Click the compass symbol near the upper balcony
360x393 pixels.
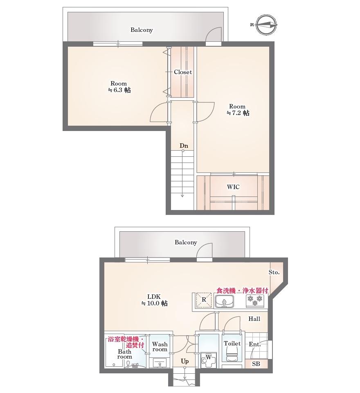pos(267,25)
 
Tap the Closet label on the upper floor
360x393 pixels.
pos(183,72)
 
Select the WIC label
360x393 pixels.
pos(233,187)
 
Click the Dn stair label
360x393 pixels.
pos(184,146)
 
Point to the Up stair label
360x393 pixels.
pos(184,361)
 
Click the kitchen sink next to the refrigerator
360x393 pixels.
pos(225,301)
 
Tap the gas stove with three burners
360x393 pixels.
pos(255,300)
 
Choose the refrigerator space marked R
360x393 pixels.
pos(204,300)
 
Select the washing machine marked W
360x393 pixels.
pos(208,360)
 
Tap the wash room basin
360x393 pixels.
pos(159,363)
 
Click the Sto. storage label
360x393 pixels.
pos(274,272)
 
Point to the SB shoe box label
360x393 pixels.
pos(256,364)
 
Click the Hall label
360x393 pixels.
pos(254,319)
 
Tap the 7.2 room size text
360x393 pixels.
pos(238,113)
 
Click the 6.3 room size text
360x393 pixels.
pos(119,90)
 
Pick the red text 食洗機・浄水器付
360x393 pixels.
pos(242,291)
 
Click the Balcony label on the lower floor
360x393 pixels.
pos(186,242)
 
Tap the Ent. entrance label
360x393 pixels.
pos(254,344)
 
